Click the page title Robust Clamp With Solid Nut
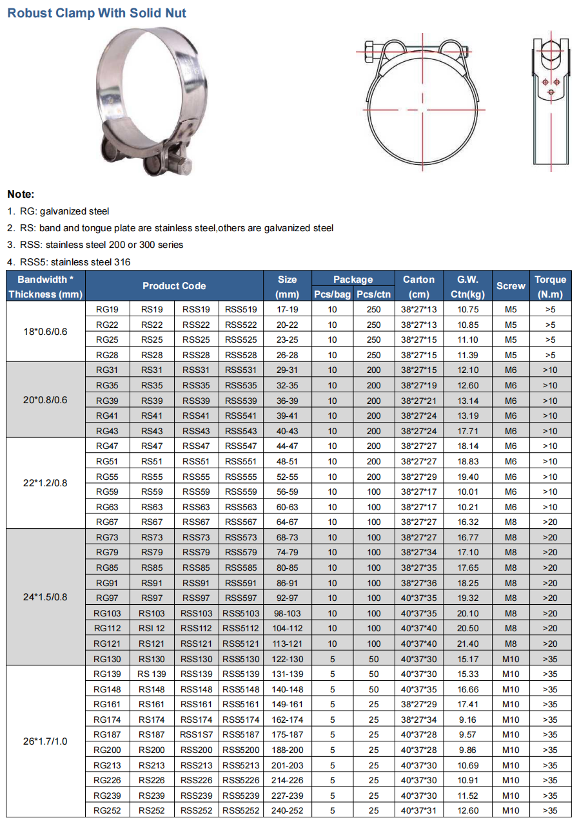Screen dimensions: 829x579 click(x=97, y=13)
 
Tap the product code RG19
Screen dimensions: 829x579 click(x=107, y=309)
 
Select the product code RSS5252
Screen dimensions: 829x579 click(x=241, y=811)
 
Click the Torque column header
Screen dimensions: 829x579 click(x=550, y=287)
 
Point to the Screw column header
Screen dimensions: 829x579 click(x=511, y=287)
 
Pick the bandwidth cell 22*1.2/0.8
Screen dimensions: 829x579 click(x=45, y=484)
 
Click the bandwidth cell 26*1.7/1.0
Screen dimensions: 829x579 click(x=45, y=742)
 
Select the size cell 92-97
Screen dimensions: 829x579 click(x=288, y=598)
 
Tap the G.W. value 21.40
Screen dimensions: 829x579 click(x=468, y=643)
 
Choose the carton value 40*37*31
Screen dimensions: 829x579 click(x=419, y=811)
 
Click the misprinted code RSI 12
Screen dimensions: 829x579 click(x=152, y=629)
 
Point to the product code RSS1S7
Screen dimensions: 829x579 click(x=197, y=735)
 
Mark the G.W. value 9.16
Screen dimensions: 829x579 click(x=468, y=719)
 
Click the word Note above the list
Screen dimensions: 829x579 click(x=21, y=194)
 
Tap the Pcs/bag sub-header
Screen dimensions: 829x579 click(x=332, y=294)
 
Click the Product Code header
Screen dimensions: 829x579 click(x=174, y=286)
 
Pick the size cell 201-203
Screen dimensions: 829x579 click(x=288, y=765)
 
